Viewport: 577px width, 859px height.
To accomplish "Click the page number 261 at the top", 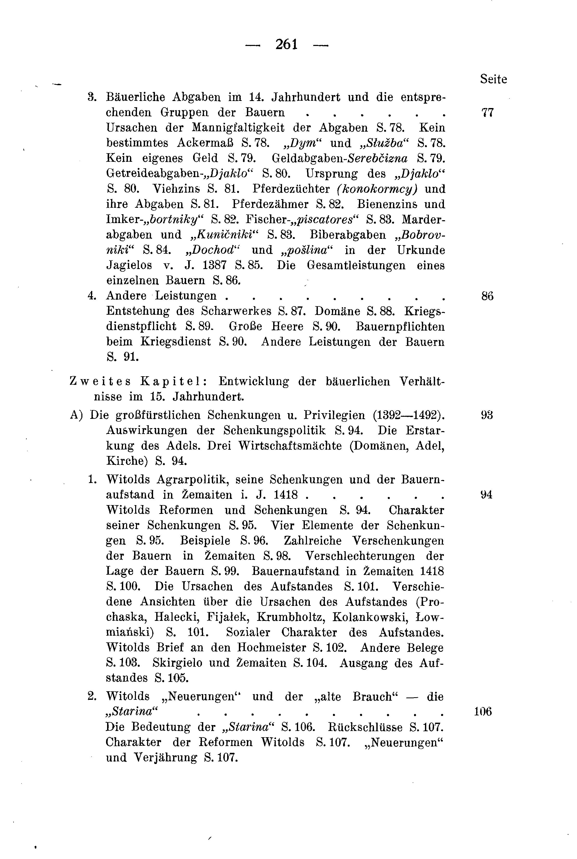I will pos(286,45).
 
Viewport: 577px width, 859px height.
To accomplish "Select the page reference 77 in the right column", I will pos(487,112).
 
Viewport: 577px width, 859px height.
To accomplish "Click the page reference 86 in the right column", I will pos(487,296).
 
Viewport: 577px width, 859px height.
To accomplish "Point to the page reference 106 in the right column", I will pos(483,712).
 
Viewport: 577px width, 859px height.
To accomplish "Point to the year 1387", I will pos(214,265).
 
